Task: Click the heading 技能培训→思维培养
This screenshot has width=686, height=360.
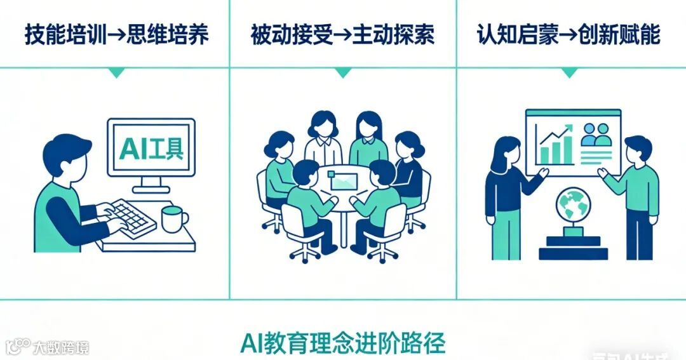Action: tap(116, 35)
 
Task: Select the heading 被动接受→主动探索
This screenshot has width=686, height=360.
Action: tap(342, 35)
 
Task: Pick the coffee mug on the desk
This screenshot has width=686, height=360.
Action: tap(173, 220)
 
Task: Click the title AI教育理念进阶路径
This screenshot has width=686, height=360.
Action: tap(343, 343)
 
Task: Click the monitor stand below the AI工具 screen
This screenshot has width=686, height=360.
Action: tap(151, 184)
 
